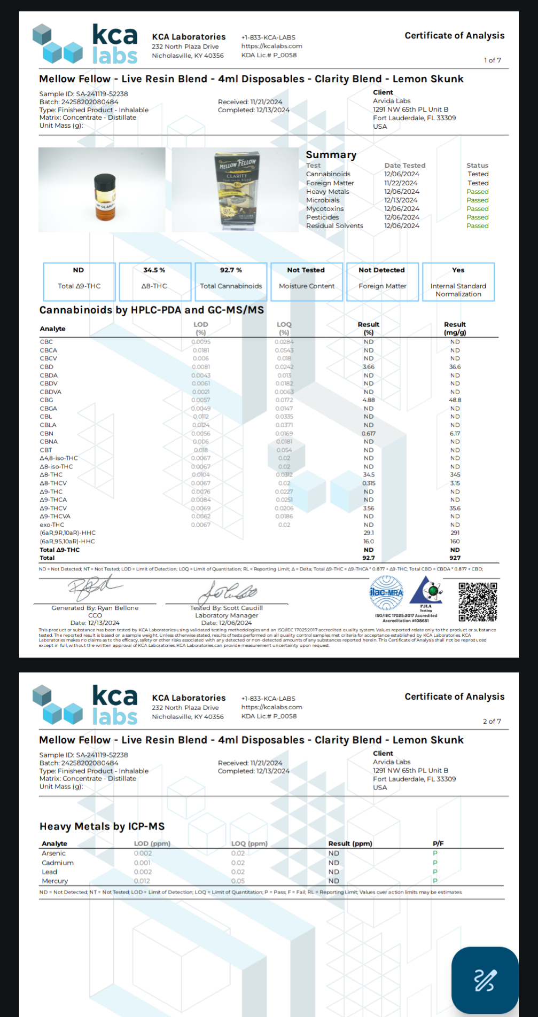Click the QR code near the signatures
pos(478,601)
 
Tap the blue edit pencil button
pos(485,980)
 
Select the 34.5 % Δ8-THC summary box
pos(154,281)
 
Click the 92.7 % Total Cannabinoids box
pos(231,281)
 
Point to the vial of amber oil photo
pos(102,190)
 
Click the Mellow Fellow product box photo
pos(236,190)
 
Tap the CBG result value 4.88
pos(369,400)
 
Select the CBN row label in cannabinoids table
pos(46,434)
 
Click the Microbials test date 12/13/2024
pos(401,200)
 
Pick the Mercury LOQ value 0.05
pos(238,881)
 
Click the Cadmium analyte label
pos(58,863)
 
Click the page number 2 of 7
pos(492,721)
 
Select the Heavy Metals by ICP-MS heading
pos(102,826)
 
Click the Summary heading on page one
pos(331,155)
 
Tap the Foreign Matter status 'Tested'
pos(478,183)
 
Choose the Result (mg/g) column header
pos(455,328)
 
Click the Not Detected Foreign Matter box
pos(382,281)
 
